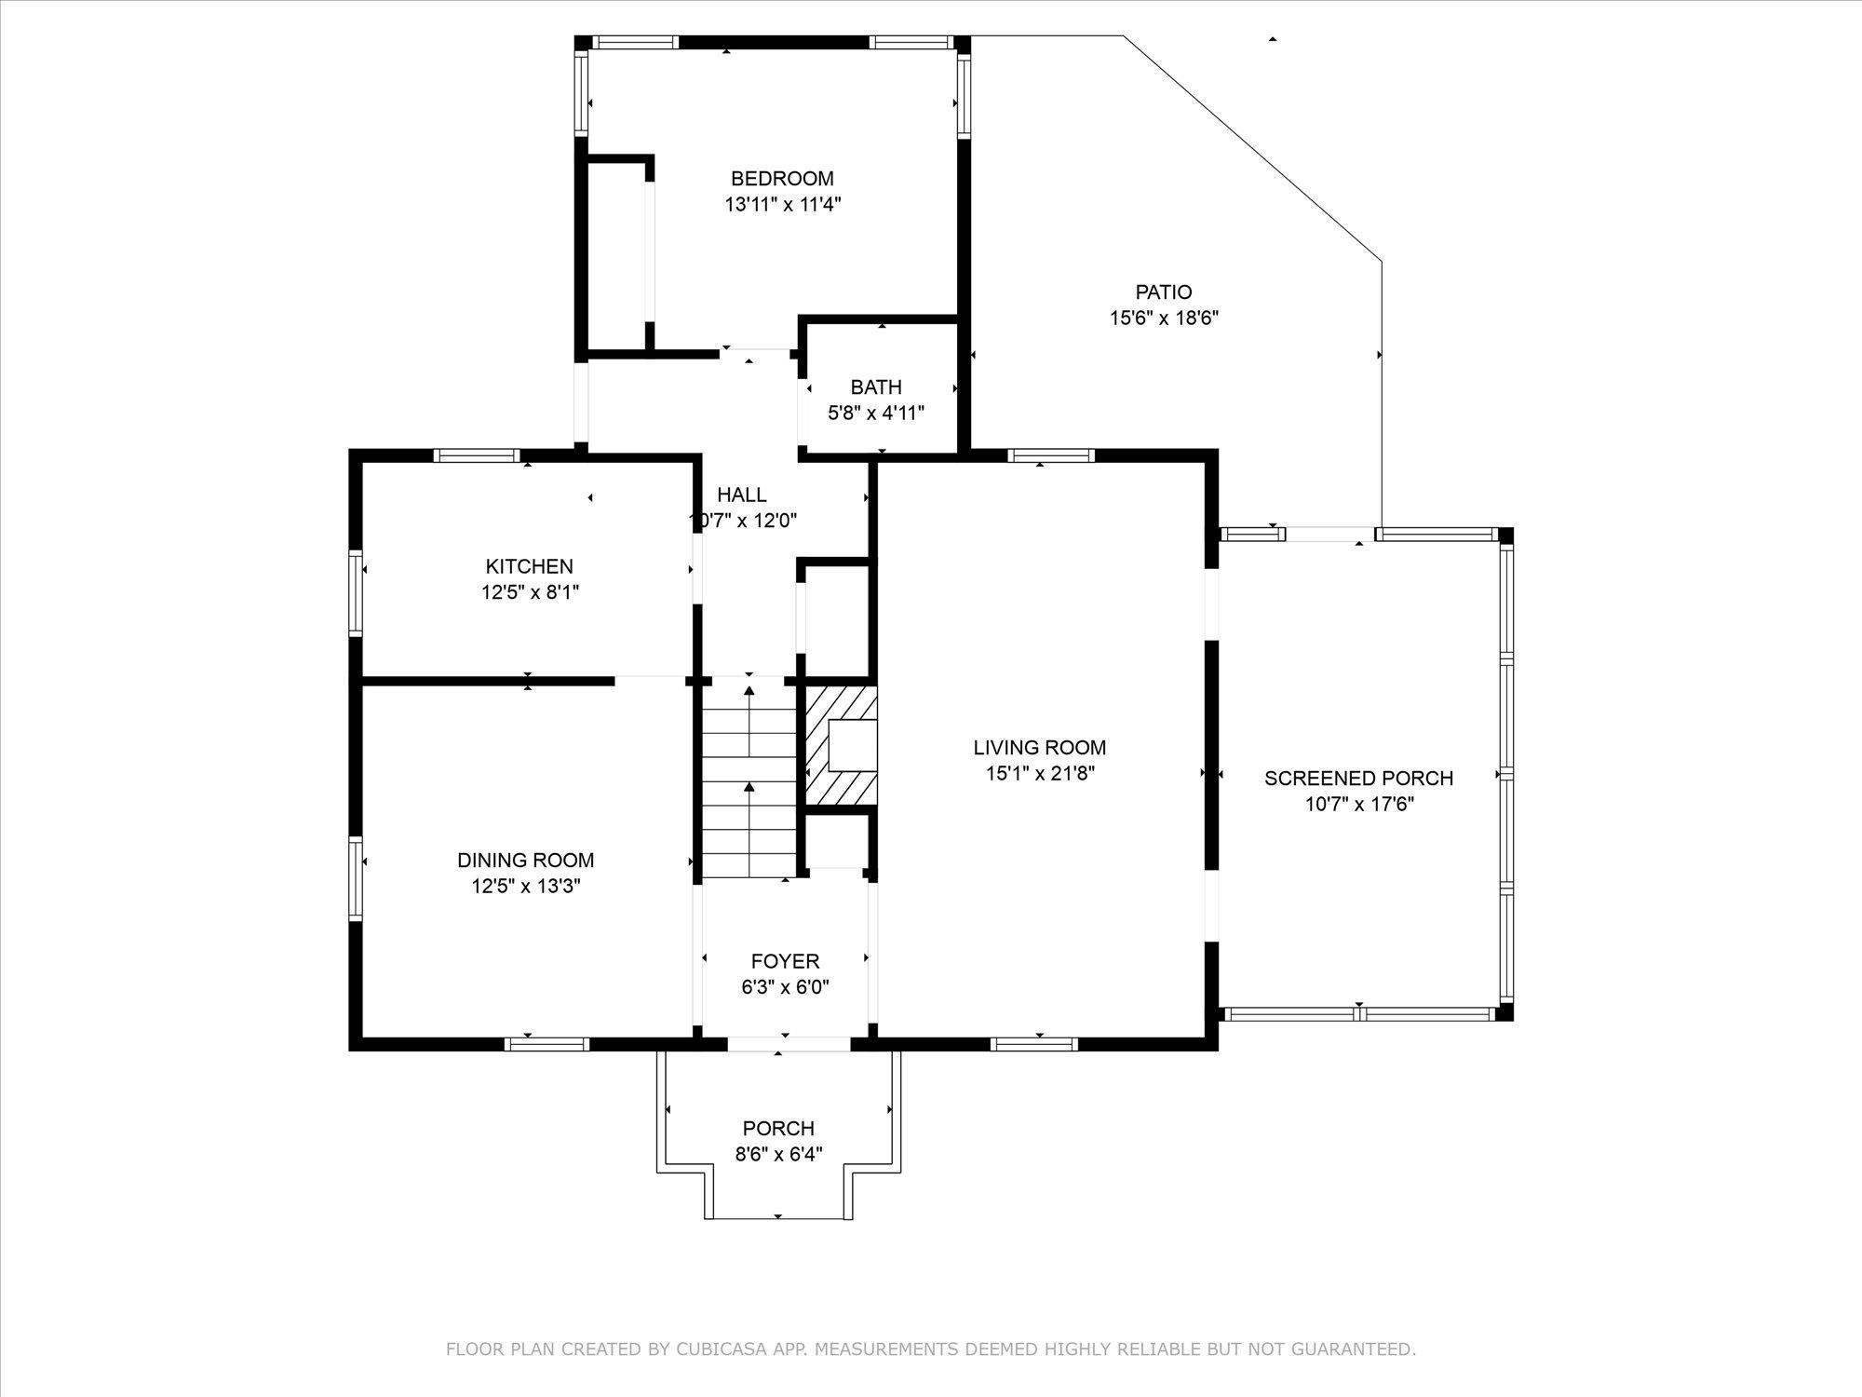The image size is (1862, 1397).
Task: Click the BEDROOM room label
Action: pyautogui.click(x=782, y=179)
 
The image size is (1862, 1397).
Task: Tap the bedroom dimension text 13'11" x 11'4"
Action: pyautogui.click(x=783, y=205)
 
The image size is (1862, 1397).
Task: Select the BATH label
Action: pyautogui.click(x=876, y=387)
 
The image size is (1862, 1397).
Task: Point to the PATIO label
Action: pyautogui.click(x=1164, y=292)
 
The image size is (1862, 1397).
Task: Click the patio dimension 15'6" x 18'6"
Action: pyautogui.click(x=1164, y=319)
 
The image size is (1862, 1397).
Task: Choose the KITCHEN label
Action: pyautogui.click(x=530, y=566)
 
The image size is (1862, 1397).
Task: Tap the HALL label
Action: pyautogui.click(x=742, y=495)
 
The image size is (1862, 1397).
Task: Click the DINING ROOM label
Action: pyautogui.click(x=526, y=861)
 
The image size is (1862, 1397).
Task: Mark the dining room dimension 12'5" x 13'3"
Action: pyautogui.click(x=526, y=887)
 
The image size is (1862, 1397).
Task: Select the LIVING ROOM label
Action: pyautogui.click(x=1040, y=747)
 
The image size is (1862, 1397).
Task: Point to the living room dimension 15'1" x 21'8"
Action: pyautogui.click(x=1040, y=773)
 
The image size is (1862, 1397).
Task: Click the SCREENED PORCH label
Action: pyautogui.click(x=1359, y=778)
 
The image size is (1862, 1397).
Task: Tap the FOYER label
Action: pyautogui.click(x=786, y=961)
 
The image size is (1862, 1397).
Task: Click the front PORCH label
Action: pyautogui.click(x=778, y=1129)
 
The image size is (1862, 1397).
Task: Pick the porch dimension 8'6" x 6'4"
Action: pyautogui.click(x=778, y=1155)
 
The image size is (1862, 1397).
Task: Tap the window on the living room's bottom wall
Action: pyautogui.click(x=1034, y=1044)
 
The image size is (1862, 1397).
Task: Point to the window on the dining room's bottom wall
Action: pyautogui.click(x=547, y=1044)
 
